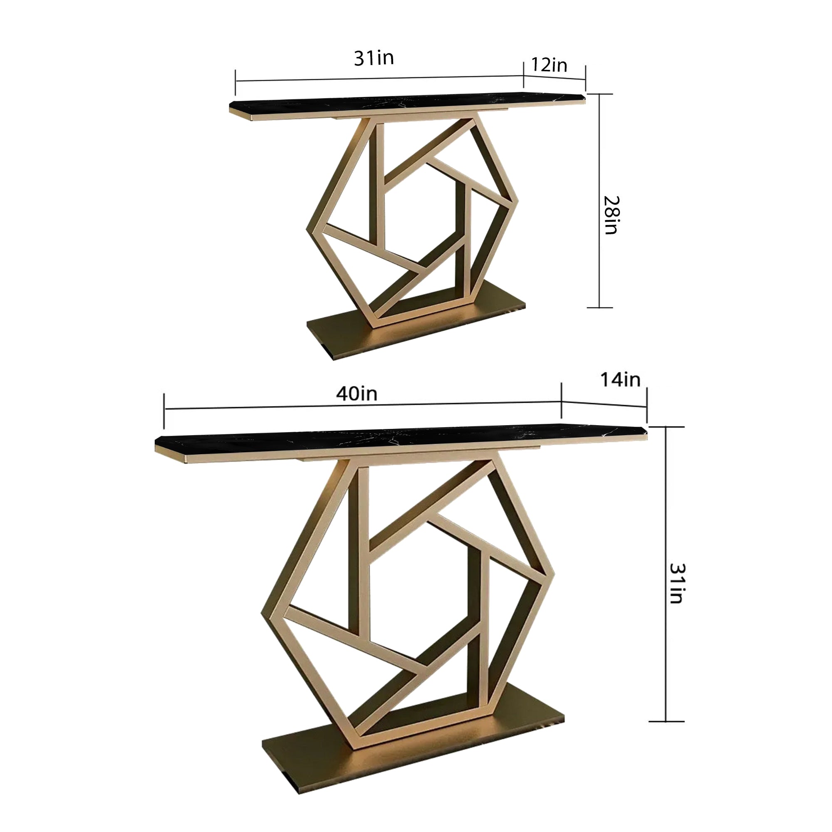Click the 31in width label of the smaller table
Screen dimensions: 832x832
tap(374, 58)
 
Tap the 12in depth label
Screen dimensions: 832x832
tap(549, 65)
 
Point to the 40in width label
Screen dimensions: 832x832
tap(357, 394)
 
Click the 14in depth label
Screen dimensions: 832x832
tap(621, 380)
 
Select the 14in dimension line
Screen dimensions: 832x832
tap(604, 404)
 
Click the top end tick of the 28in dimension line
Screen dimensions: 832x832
tap(600, 94)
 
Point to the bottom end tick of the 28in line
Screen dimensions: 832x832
tap(600, 307)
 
